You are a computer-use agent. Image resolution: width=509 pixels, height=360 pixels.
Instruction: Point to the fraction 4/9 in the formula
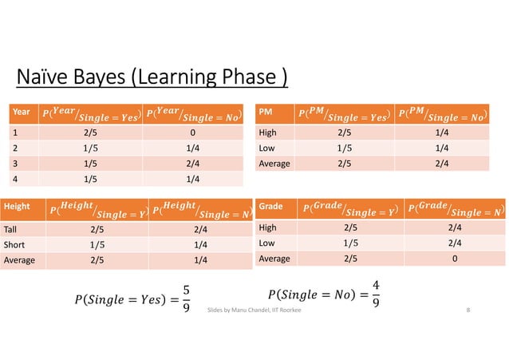pos(376,293)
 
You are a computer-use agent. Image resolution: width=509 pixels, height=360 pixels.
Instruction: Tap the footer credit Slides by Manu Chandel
pos(254,308)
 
